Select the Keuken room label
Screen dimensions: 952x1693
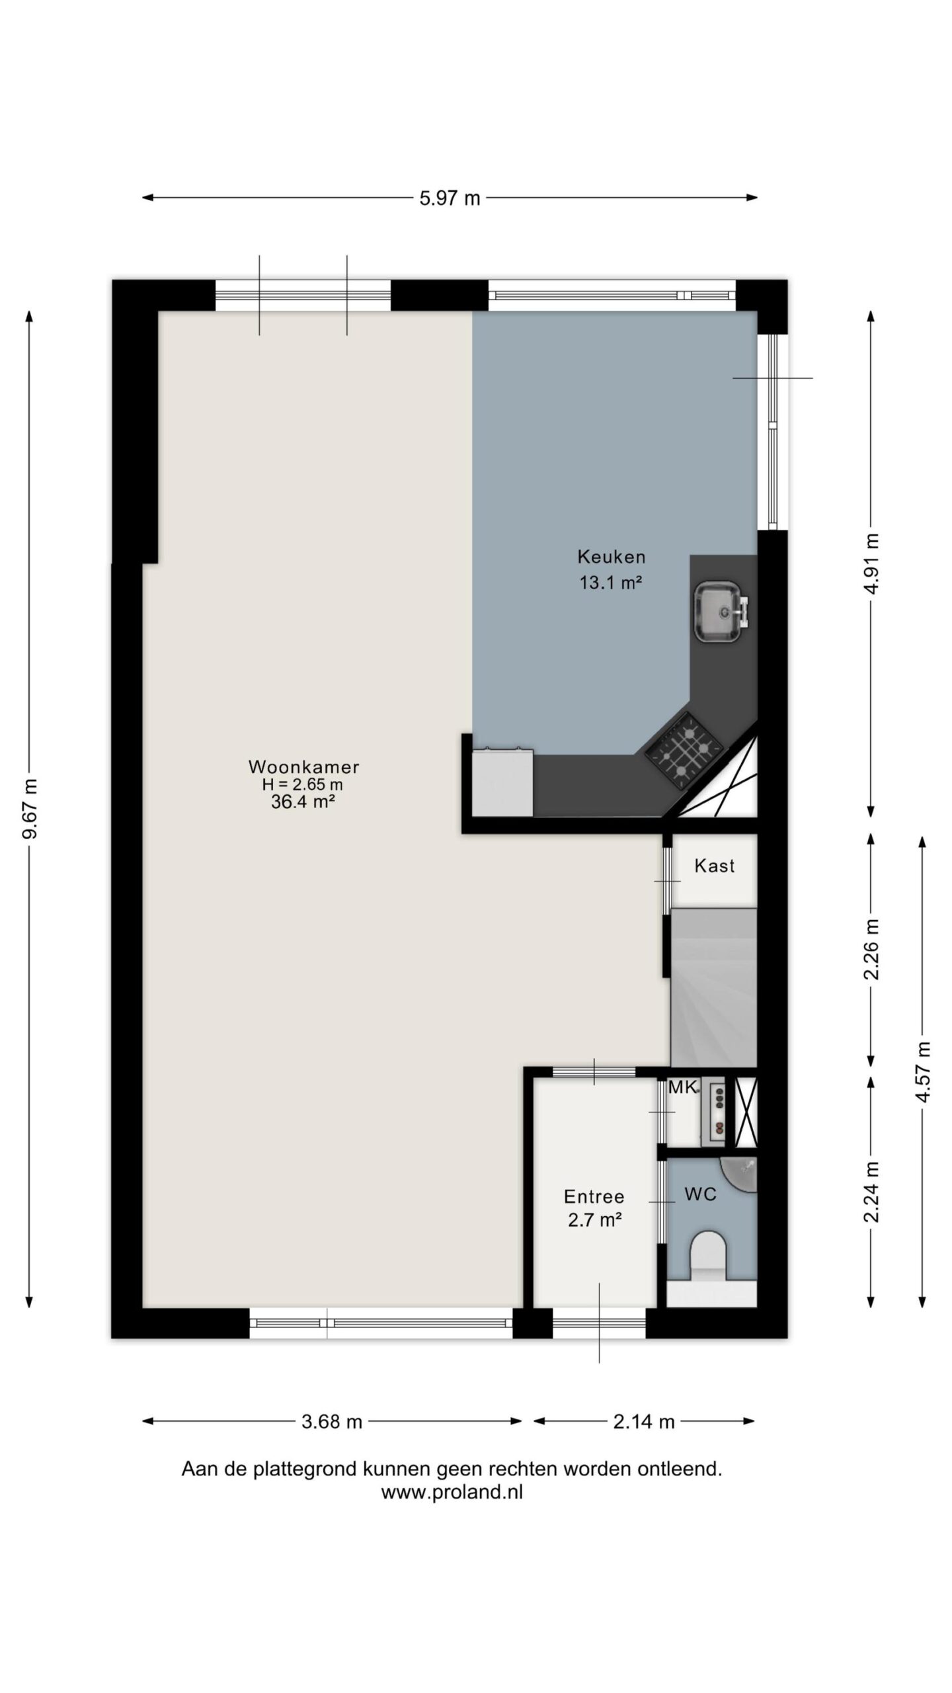[x=611, y=557]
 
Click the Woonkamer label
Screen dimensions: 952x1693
[x=303, y=766]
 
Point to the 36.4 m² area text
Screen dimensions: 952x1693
[x=302, y=802]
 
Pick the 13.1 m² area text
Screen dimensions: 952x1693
[x=611, y=583]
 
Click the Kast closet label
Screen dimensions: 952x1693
[x=714, y=866]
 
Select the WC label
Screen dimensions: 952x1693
[x=700, y=1194]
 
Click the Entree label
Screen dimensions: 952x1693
[x=594, y=1196]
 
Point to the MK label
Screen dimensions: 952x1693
[x=682, y=1087]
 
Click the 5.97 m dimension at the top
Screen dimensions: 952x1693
[x=450, y=198]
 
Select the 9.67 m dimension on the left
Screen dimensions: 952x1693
[x=30, y=809]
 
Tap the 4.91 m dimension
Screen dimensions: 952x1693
[x=871, y=564]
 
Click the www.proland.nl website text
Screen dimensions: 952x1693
[x=452, y=1493]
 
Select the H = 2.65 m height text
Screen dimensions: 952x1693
[x=303, y=785]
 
